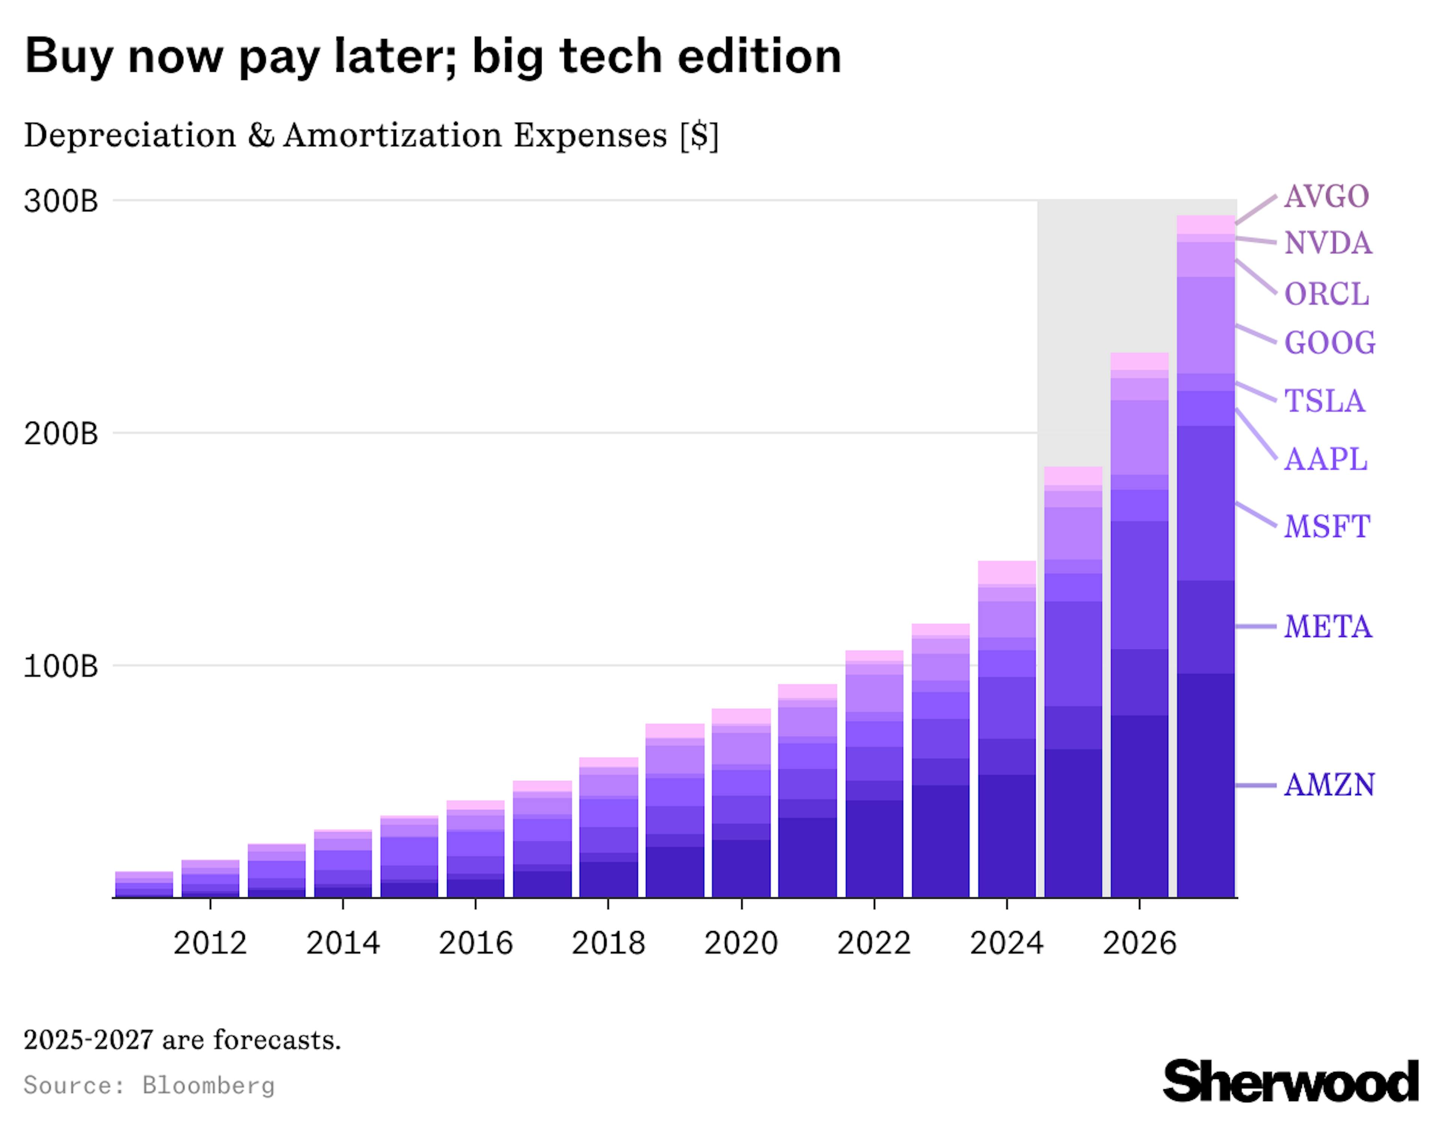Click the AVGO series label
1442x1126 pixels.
(1326, 197)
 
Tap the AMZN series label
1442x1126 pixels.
(1329, 785)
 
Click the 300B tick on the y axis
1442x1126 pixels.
(61, 201)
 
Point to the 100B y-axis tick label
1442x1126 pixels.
(61, 666)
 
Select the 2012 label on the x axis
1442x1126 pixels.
(210, 943)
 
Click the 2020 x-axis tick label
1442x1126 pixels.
(741, 943)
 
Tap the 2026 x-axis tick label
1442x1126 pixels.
(1139, 943)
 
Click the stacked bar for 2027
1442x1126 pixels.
(1206, 561)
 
